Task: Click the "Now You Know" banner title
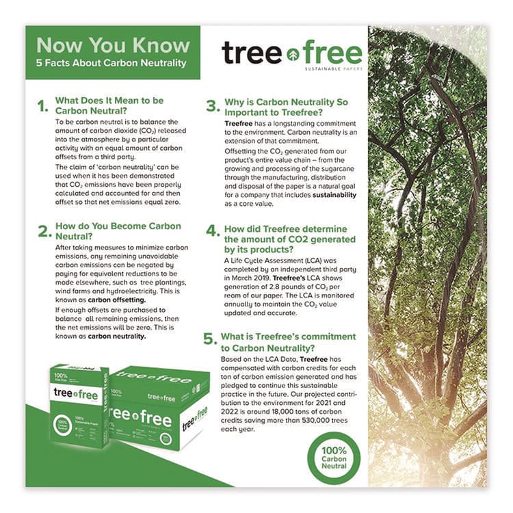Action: pos(113,45)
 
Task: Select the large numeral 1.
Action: pos(43,106)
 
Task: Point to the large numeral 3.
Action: pos(212,106)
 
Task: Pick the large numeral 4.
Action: pos(212,233)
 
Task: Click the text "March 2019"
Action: pos(250,278)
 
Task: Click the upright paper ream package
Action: pos(79,406)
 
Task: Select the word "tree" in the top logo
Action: pos(251,53)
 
